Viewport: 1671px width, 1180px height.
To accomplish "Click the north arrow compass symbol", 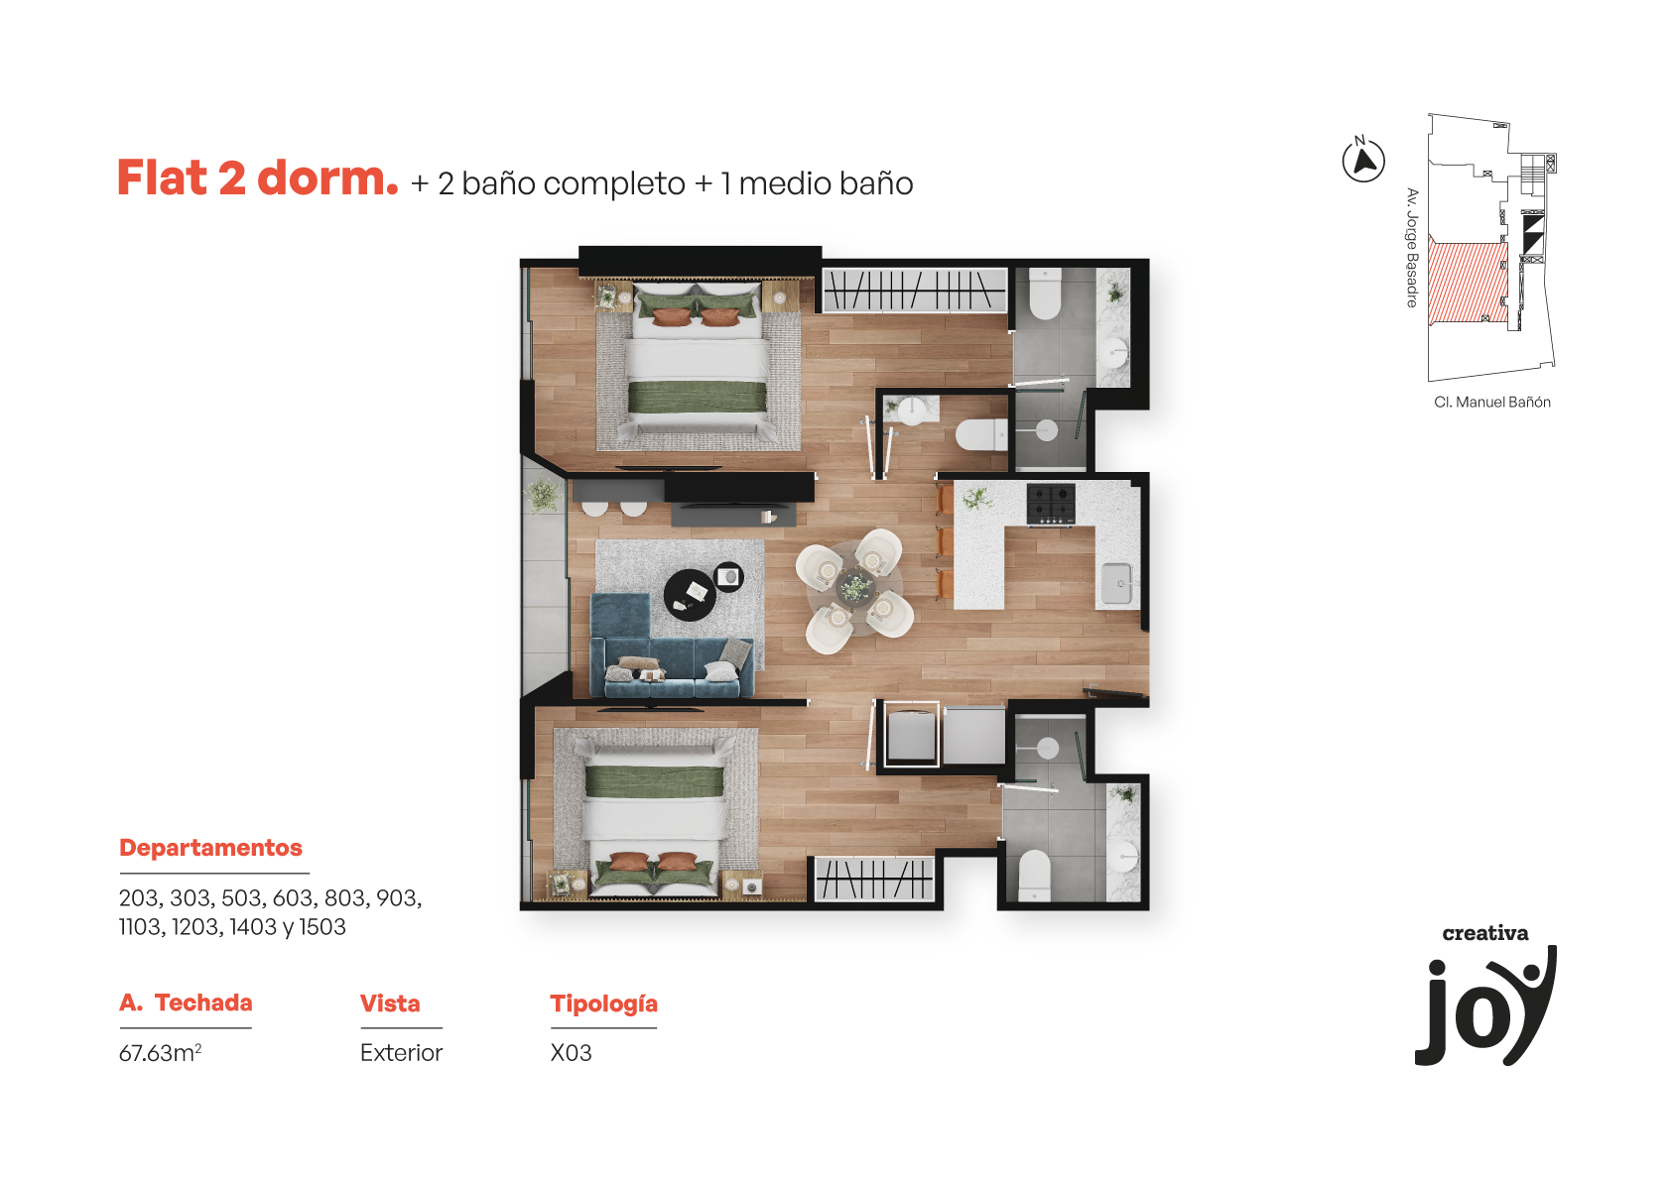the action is [1363, 161].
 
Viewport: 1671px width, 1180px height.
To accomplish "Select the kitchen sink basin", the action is [1116, 583].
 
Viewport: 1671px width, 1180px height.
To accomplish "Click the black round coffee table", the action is [690, 595].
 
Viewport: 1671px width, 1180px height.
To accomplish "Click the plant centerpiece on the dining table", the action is [855, 587].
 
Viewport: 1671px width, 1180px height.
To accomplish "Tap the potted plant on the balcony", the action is [543, 496].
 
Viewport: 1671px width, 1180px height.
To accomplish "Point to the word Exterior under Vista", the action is [401, 1052].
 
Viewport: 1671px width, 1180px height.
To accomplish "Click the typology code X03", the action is [571, 1052].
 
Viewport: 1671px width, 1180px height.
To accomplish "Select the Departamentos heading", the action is [210, 848].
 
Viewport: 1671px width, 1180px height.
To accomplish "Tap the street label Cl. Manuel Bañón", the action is [1492, 402].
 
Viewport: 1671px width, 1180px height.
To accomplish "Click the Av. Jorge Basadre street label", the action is [1411, 248].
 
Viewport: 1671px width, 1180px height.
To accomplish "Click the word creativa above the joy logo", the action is [1484, 933].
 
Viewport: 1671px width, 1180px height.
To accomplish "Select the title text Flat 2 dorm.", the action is [257, 178].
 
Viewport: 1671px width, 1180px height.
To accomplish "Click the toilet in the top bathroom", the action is [1044, 295].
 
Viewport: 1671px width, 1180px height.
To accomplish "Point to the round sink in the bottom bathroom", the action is [1123, 857].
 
